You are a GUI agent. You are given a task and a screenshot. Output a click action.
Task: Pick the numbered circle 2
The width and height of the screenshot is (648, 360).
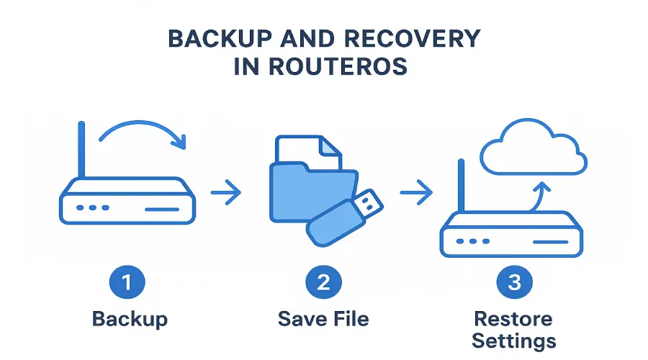tap(323, 283)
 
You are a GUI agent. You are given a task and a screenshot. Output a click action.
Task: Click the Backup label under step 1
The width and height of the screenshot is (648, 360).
tap(129, 318)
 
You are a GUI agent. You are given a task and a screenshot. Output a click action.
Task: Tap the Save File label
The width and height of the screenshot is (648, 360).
tap(323, 318)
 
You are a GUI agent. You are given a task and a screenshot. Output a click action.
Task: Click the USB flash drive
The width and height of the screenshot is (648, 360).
tap(344, 215)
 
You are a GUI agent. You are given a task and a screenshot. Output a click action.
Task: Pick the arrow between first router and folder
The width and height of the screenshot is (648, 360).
tap(226, 193)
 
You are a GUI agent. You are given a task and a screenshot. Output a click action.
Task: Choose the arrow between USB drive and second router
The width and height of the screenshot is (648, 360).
tap(415, 193)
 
